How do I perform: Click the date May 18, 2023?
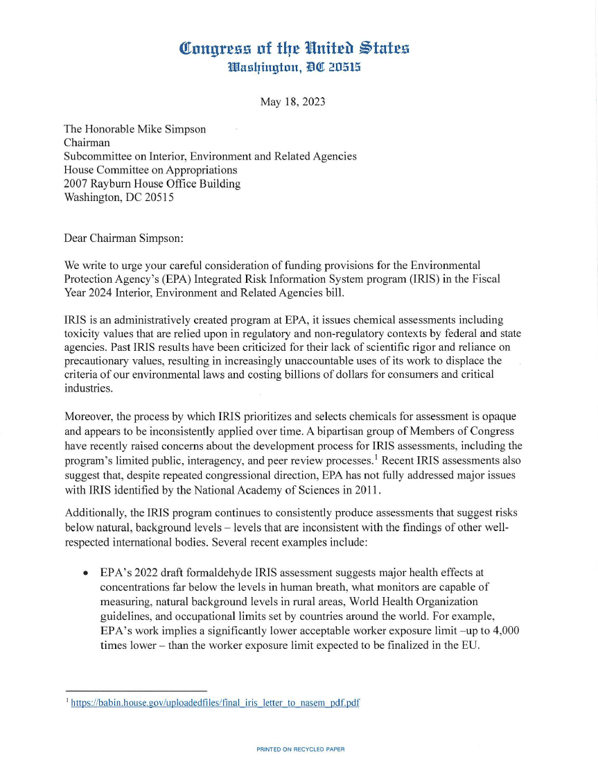coord(292,102)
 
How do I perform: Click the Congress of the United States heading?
coord(294,49)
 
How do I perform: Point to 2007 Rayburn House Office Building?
coord(152,184)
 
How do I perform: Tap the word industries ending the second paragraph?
coord(87,388)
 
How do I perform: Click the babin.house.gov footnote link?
coord(216,702)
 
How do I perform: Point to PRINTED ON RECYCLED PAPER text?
coord(300,749)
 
